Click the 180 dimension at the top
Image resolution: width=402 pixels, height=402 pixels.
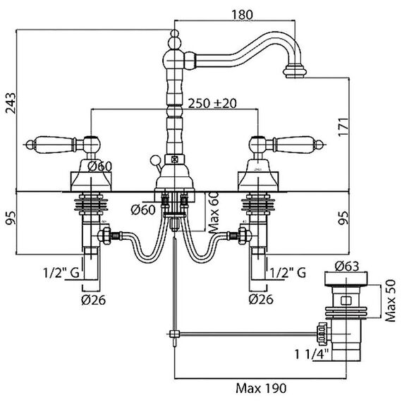coord(242,15)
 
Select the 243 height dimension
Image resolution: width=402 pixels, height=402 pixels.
coord(11,103)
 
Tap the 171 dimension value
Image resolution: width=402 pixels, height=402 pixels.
coord(343,128)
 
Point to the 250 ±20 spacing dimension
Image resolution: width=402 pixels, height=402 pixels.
coord(212,103)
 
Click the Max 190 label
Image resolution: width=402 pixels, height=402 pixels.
coord(261,388)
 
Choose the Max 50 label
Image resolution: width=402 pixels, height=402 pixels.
coord(391,300)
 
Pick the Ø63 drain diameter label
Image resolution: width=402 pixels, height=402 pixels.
coord(346,267)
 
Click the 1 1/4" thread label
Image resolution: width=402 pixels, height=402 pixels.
coord(312,354)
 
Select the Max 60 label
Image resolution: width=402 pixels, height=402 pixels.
coord(214,212)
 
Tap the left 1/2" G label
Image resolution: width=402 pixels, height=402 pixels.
coord(61,273)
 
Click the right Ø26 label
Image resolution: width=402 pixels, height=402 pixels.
coord(261,299)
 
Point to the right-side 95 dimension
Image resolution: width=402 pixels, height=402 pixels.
coord(343,218)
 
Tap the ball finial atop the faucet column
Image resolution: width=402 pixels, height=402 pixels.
coord(175,34)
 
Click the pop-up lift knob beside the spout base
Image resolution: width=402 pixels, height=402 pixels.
coord(154,159)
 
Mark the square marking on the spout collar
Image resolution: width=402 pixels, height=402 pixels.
coord(174,159)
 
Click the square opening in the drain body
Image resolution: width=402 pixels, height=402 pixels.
coord(346,300)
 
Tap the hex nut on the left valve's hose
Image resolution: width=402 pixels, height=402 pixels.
coord(104,235)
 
